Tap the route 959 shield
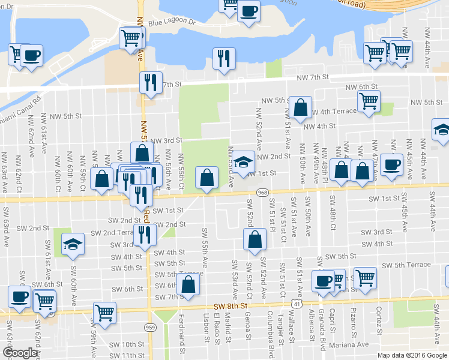(x=150, y=328)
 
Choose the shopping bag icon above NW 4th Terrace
(x=300, y=108)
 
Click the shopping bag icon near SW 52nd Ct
(x=255, y=239)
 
